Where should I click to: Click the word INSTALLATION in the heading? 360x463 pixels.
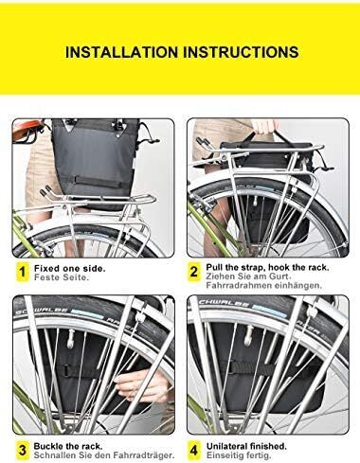click(121, 52)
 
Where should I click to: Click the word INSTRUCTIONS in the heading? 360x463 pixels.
click(241, 52)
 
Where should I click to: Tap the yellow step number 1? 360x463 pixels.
click(22, 272)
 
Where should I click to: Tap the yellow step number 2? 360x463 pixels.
click(193, 272)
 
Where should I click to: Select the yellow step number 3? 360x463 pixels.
click(22, 450)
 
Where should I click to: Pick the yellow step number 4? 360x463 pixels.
click(194, 450)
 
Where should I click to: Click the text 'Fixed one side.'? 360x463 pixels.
click(70, 269)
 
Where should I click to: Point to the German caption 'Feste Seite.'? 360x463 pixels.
click(62, 277)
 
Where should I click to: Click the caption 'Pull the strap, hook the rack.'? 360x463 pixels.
click(267, 268)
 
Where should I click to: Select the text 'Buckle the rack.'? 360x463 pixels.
click(68, 446)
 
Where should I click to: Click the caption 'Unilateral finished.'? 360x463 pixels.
click(246, 446)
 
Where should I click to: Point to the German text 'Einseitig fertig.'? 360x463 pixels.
click(239, 455)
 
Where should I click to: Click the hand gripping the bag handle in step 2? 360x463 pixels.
click(265, 126)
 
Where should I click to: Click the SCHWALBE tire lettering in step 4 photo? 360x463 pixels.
click(224, 305)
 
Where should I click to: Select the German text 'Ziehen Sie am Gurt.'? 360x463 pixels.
click(248, 276)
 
